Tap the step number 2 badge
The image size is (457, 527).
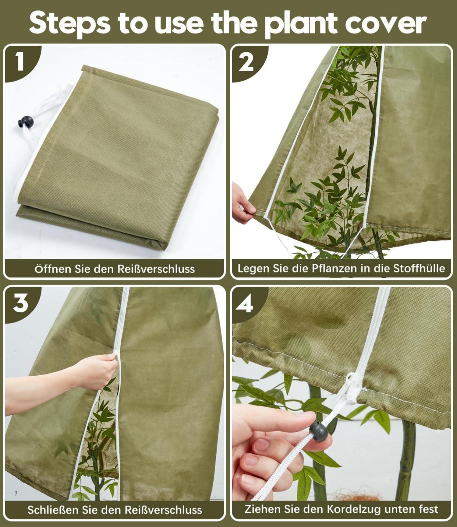[x=246, y=62]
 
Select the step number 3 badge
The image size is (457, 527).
[x=20, y=303]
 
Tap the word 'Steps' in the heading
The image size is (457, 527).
[x=70, y=23]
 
